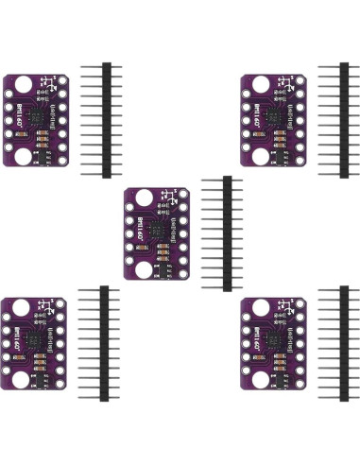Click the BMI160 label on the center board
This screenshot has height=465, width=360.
tap(140, 230)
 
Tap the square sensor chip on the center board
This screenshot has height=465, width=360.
tap(153, 231)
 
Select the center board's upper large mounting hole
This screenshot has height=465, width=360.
tap(143, 198)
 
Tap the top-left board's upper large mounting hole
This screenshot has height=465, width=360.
tap(22, 87)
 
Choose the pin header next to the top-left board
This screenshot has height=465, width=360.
tap(107, 120)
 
